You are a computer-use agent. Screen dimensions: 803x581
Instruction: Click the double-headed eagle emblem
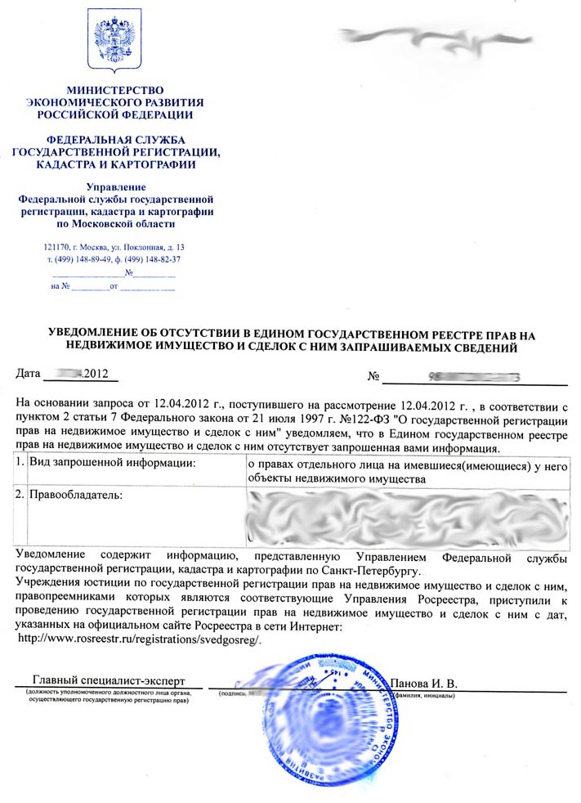pyautogui.click(x=114, y=40)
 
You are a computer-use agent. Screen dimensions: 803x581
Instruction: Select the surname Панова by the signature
pyautogui.click(x=413, y=683)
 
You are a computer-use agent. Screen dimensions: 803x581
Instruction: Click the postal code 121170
pyautogui.click(x=56, y=247)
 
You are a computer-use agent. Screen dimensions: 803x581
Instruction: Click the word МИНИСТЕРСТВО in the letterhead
pyautogui.click(x=114, y=89)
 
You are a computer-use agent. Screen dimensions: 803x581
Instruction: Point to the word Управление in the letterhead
pyautogui.click(x=114, y=187)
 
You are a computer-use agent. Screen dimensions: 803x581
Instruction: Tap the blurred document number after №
pyautogui.click(x=474, y=377)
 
